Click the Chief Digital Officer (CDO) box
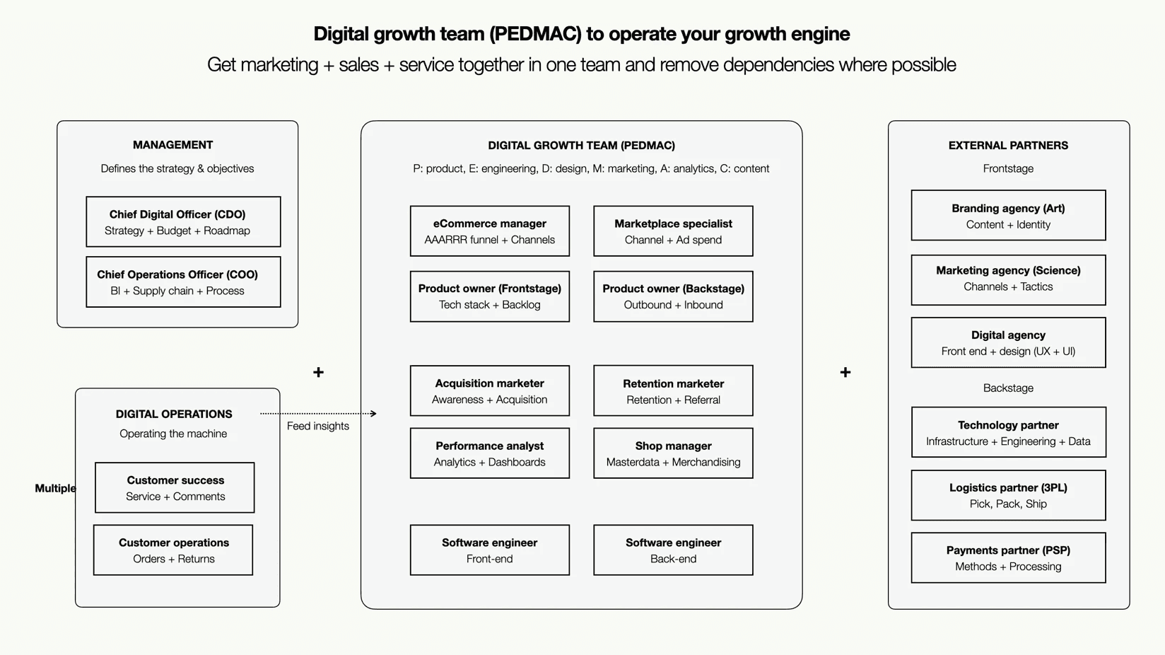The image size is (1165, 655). click(x=183, y=222)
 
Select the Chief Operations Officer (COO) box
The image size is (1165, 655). click(x=183, y=282)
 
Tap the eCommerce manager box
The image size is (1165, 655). click(x=489, y=231)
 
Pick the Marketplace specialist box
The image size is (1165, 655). click(x=673, y=231)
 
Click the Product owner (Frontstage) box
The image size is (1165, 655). click(x=489, y=296)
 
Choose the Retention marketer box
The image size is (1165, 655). click(x=673, y=391)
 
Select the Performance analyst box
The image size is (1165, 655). click(x=489, y=453)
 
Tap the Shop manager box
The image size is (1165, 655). click(x=673, y=453)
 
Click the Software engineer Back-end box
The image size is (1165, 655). click(x=673, y=550)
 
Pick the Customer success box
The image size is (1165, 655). click(x=175, y=488)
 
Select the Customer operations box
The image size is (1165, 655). click(x=173, y=550)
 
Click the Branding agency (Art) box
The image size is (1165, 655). click(x=1008, y=216)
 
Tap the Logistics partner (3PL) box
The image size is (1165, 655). click(x=1008, y=495)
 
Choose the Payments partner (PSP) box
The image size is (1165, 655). click(x=1008, y=558)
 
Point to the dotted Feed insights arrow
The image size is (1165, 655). click(x=318, y=413)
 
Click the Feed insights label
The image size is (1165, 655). click(x=318, y=426)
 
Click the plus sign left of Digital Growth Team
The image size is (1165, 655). click(x=318, y=372)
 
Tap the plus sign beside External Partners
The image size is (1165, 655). click(x=845, y=372)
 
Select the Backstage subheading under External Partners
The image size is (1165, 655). click(x=1008, y=388)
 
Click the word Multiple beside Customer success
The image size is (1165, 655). click(x=55, y=488)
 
